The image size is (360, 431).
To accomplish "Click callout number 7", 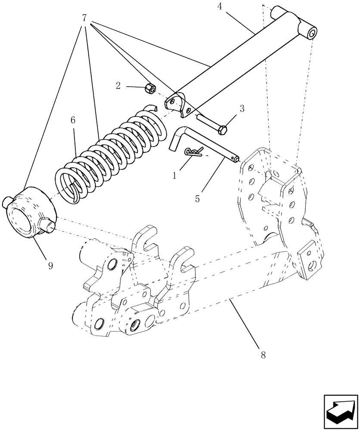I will point(84,19).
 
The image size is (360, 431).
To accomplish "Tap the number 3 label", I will point(242,109).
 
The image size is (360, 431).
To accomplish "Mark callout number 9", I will point(50,266).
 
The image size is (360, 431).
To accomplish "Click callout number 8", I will point(263,356).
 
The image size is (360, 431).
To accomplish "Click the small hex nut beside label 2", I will point(150,89).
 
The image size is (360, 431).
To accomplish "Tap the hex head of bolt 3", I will point(223,130).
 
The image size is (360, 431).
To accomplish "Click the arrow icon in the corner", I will point(339,412).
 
